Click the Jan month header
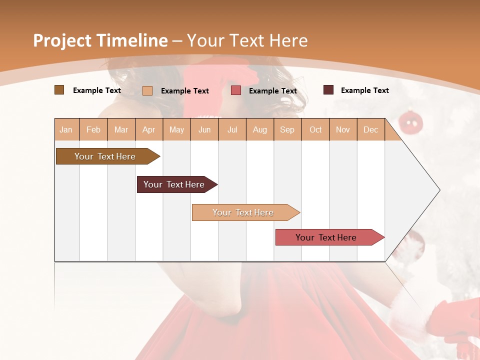coord(66,129)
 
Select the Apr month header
coord(149,129)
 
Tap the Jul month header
coord(232,129)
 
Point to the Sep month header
coord(287,129)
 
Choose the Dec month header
coord(370,129)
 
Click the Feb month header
coord(93,129)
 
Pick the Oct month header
coord(315,129)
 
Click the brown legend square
coord(59,90)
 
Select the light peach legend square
coord(147,90)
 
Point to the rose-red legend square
coord(236,90)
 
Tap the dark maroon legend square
coord(328,90)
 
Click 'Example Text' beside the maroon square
coord(364,90)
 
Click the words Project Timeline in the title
coord(100,40)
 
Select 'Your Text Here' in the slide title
coord(247,40)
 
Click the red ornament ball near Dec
coord(411,122)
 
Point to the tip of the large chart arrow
coord(438,190)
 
